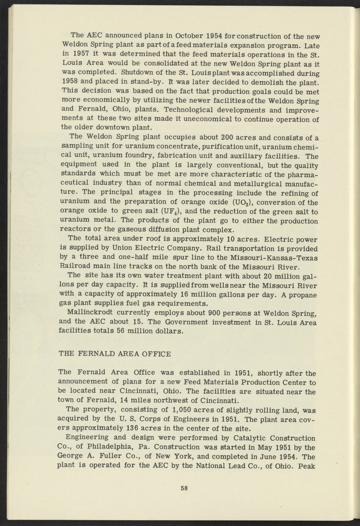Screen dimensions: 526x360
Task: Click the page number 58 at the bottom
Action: pyautogui.click(x=184, y=488)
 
